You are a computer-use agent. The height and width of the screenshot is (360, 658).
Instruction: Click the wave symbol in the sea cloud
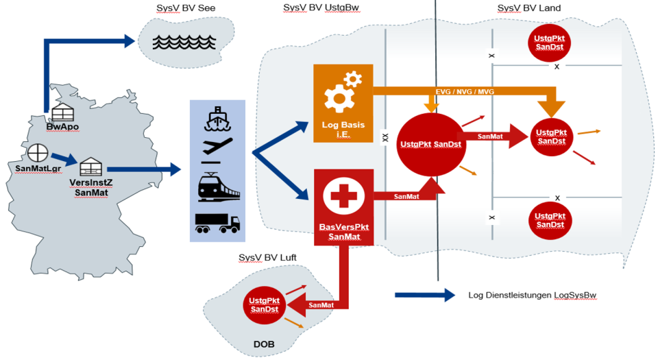tap(183, 43)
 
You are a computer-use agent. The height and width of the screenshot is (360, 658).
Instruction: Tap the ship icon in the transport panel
tap(217, 119)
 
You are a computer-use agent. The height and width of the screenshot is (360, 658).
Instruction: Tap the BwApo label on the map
tap(60, 126)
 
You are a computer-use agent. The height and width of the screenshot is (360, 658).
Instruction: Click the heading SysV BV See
tap(183, 7)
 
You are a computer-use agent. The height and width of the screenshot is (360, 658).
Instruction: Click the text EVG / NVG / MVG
tap(465, 91)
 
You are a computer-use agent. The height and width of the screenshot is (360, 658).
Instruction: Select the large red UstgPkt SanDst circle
tap(430, 144)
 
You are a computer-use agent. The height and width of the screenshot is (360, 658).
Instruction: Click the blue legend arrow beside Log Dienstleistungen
tap(425, 296)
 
